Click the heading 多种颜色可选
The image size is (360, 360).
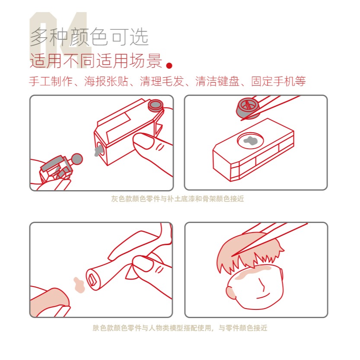click(89, 38)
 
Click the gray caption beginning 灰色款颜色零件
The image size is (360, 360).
click(178, 199)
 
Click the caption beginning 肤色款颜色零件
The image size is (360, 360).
click(180, 328)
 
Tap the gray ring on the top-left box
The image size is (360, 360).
click(155, 105)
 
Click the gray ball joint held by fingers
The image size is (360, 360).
click(77, 159)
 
